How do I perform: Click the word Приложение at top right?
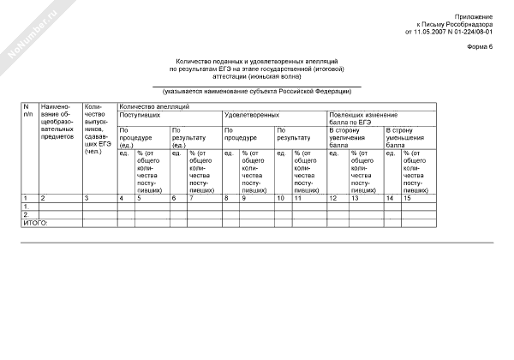click(x=473, y=16)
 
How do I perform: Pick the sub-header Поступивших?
click(x=140, y=114)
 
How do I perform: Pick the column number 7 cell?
click(x=191, y=198)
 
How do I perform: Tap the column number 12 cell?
click(x=333, y=198)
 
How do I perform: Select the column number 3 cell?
click(x=86, y=198)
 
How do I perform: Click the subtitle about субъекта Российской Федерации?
click(x=256, y=91)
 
